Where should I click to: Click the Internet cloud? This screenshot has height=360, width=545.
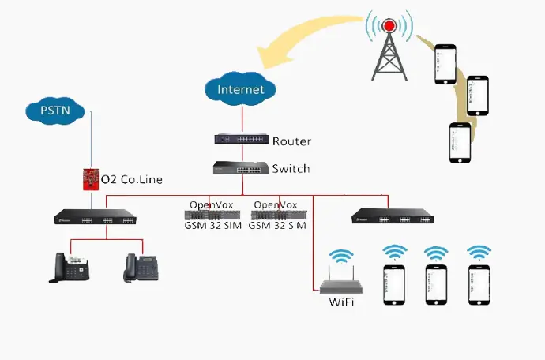(242, 88)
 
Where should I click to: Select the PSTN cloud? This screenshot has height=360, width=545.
(55, 110)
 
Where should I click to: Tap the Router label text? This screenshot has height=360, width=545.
(291, 142)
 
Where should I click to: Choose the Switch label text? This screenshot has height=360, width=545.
(291, 169)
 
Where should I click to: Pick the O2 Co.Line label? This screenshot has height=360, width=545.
(132, 180)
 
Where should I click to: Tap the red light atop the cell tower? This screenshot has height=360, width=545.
(389, 26)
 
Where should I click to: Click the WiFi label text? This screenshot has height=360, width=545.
(340, 302)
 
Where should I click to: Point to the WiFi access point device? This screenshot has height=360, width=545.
(340, 281)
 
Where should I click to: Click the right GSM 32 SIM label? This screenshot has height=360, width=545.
(277, 226)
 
